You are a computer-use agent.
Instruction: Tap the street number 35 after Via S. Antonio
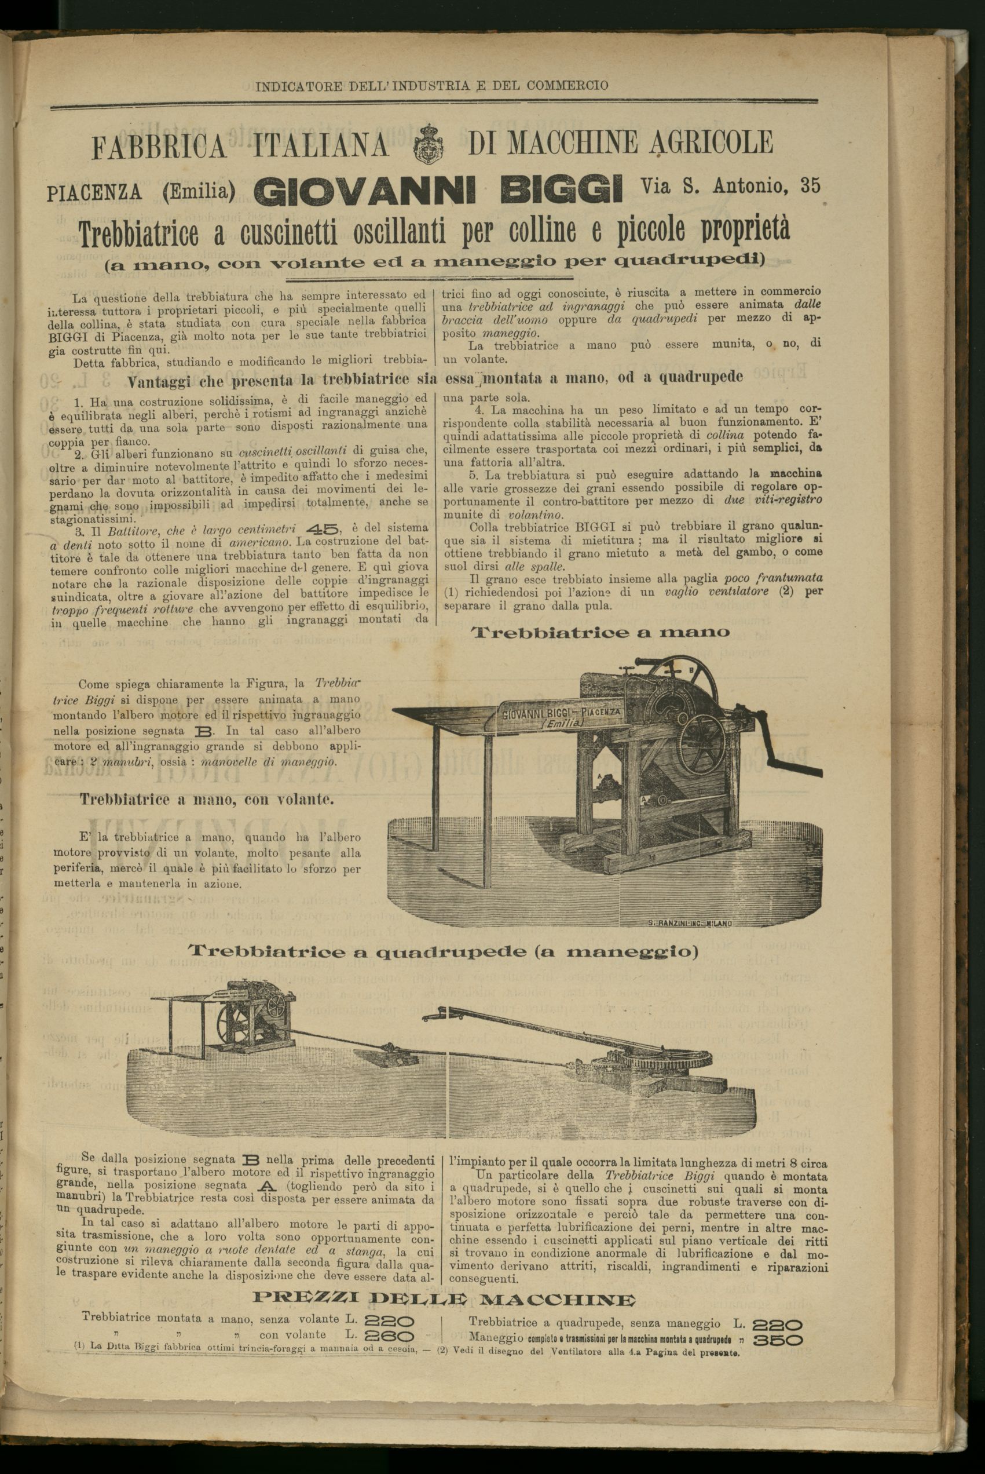point(810,186)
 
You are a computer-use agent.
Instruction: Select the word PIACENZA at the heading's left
point(95,192)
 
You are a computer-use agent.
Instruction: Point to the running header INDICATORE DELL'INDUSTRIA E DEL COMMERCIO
point(432,86)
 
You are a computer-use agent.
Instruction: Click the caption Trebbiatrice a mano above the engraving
point(600,632)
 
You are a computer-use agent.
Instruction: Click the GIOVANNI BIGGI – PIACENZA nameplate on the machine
point(561,716)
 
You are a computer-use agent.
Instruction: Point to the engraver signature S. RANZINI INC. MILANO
point(689,924)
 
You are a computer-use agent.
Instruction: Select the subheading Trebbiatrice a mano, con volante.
point(207,800)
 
